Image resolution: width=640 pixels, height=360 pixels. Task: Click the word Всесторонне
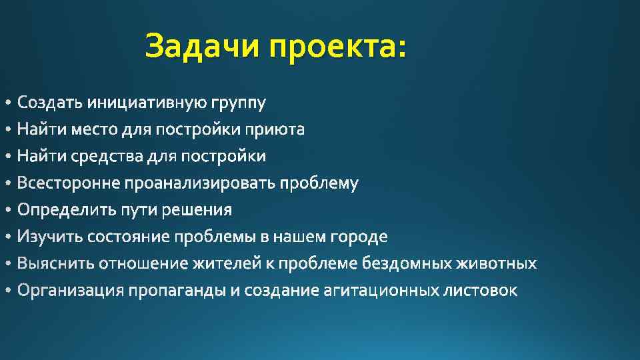click(x=69, y=183)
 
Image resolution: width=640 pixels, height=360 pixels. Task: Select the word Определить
click(x=67, y=211)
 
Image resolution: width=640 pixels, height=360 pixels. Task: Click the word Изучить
click(x=51, y=237)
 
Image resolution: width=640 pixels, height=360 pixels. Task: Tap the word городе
click(x=359, y=237)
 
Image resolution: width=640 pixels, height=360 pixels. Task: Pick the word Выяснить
click(x=56, y=264)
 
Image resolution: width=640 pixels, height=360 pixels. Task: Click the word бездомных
click(x=407, y=264)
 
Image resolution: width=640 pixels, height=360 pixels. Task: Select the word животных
click(x=496, y=264)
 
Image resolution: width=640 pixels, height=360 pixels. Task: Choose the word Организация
click(x=71, y=291)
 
